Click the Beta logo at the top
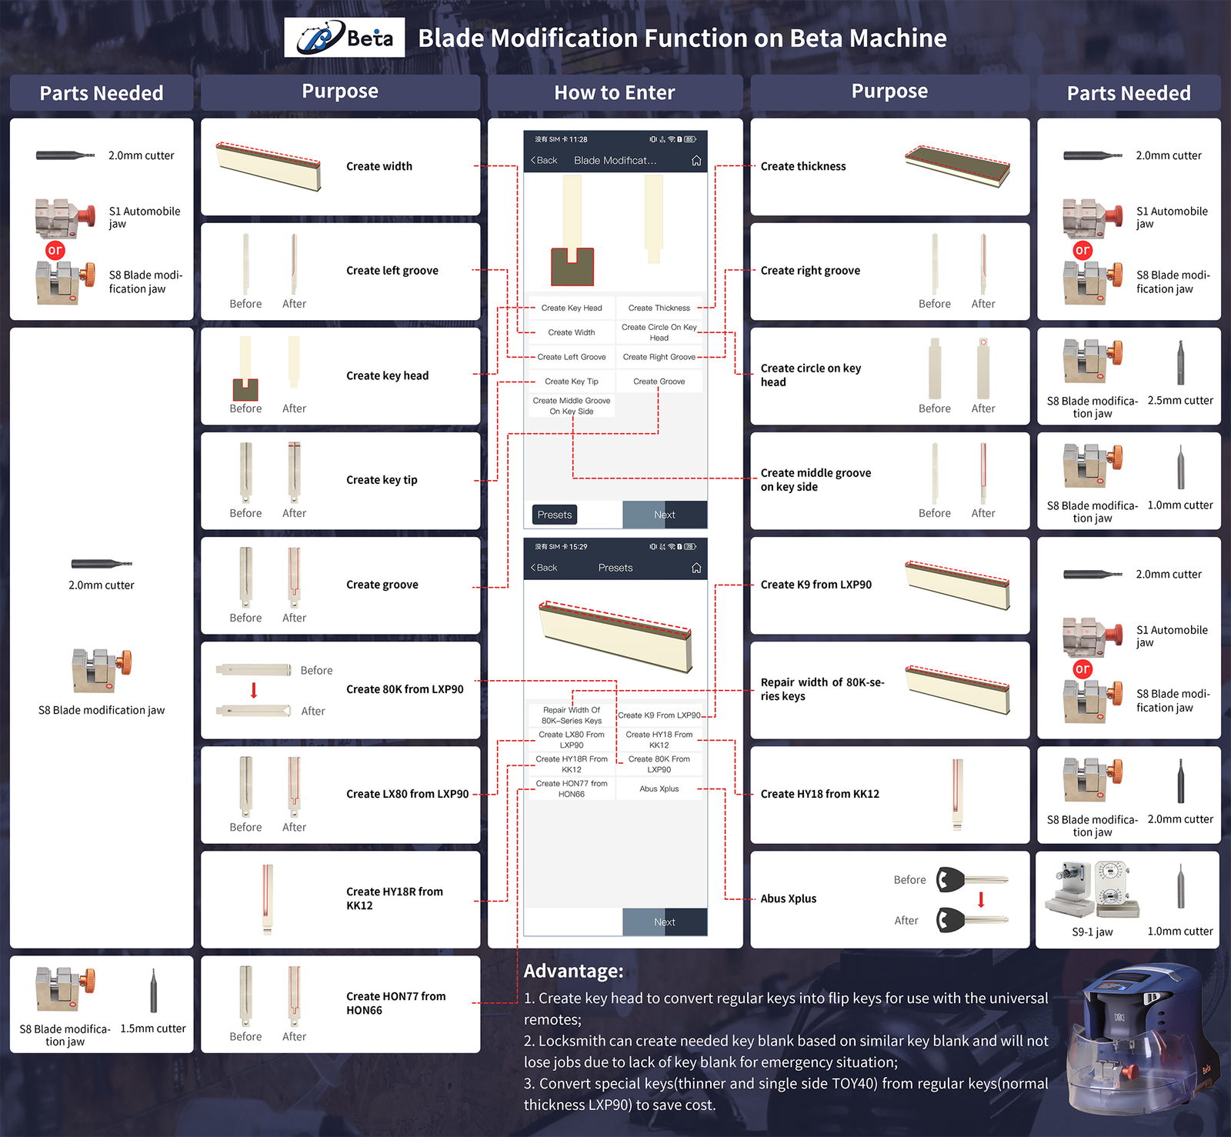pos(344,38)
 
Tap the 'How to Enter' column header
pos(615,93)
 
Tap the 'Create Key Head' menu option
pos(572,308)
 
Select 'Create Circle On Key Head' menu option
pos(659,332)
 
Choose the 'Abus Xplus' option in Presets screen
pos(659,789)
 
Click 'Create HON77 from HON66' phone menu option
pos(572,789)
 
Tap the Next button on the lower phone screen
pos(665,922)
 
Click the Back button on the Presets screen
pos(544,568)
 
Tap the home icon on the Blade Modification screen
pos(696,160)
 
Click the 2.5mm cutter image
pos(1180,363)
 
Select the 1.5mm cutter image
pos(153,991)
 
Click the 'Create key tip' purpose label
pos(382,480)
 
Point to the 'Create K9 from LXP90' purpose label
pos(816,585)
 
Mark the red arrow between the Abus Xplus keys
pos(981,899)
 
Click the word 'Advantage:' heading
pos(574,971)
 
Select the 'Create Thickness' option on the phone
pos(659,308)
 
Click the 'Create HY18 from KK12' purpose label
pos(820,794)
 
